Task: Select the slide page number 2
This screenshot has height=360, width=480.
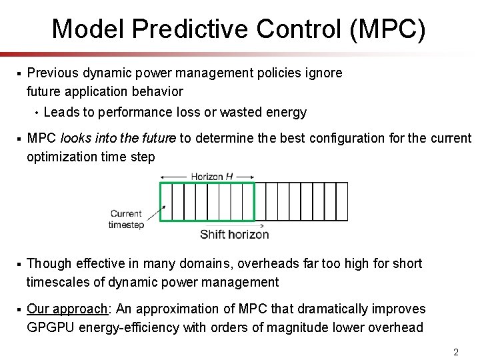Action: click(456, 352)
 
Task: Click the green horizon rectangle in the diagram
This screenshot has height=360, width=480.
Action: click(207, 202)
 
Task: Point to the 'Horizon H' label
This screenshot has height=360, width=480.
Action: click(211, 177)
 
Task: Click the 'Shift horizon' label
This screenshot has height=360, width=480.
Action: click(235, 234)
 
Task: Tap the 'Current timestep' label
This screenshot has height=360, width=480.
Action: click(126, 219)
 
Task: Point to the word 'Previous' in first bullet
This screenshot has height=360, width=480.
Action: click(53, 73)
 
